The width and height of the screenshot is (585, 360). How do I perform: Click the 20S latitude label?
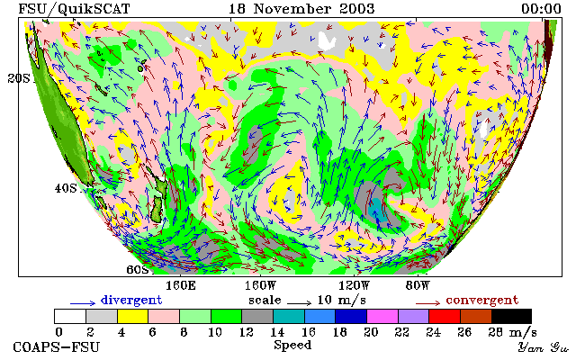pos(18,78)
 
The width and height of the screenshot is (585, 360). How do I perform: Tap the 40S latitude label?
pos(66,188)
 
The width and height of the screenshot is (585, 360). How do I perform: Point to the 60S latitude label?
pos(138,269)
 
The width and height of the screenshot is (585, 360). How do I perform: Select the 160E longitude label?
pos(181,286)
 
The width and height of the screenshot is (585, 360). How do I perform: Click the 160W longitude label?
pos(261,286)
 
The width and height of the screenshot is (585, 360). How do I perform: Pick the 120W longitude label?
pos(354,286)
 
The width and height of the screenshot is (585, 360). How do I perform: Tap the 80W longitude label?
pos(418,286)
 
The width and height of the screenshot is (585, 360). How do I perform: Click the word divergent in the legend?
pos(131,301)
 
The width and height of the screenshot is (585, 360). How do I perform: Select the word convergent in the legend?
pos(482,301)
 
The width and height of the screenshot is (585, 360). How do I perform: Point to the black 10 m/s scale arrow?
pos(299,303)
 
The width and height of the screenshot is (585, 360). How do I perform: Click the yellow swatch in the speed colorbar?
pos(133,317)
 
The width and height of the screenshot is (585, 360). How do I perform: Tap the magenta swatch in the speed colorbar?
pos(382,317)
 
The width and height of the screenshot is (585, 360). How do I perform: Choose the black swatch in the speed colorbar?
pos(511,317)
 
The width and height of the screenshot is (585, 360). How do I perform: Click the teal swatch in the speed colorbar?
pos(289,317)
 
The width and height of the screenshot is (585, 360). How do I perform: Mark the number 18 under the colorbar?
pos(339,332)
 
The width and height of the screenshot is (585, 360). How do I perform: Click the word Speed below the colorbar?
pos(292,345)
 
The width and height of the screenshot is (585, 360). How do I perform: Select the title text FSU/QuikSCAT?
pos(74,9)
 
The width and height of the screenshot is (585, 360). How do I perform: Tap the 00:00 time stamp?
pos(541,9)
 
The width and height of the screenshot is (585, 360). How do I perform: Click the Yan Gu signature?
pos(543,348)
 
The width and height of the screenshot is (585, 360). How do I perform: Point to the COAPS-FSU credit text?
pos(57,347)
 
